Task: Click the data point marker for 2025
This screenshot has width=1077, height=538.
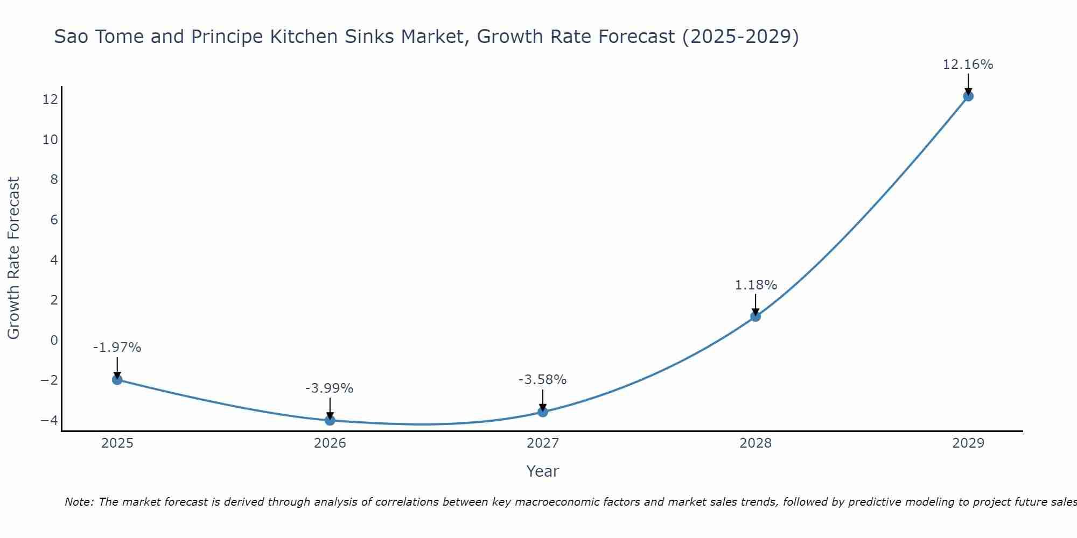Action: [x=117, y=380]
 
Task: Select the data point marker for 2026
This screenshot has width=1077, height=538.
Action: [x=330, y=420]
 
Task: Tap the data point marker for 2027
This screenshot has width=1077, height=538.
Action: [x=543, y=412]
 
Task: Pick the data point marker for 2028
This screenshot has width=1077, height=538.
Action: [x=756, y=316]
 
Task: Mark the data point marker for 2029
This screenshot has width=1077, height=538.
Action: [x=968, y=96]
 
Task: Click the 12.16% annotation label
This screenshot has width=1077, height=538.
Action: [x=968, y=65]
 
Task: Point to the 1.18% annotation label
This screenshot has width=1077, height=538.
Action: [x=756, y=285]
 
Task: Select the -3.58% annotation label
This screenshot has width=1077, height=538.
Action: [x=542, y=380]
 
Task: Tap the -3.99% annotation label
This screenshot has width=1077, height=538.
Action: [x=329, y=388]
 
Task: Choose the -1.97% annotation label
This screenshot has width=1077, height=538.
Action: [x=117, y=348]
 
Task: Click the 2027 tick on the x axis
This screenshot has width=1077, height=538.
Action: [x=543, y=443]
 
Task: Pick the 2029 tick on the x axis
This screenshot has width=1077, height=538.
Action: [x=968, y=443]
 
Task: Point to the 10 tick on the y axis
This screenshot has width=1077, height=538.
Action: [x=50, y=140]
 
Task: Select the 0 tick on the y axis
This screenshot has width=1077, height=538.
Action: [x=54, y=340]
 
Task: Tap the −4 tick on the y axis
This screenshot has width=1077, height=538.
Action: [x=49, y=420]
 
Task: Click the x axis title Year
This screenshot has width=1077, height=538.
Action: [x=543, y=471]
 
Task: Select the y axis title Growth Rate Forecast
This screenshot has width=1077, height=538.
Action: [x=13, y=258]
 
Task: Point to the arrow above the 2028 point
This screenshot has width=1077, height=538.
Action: [x=756, y=304]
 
